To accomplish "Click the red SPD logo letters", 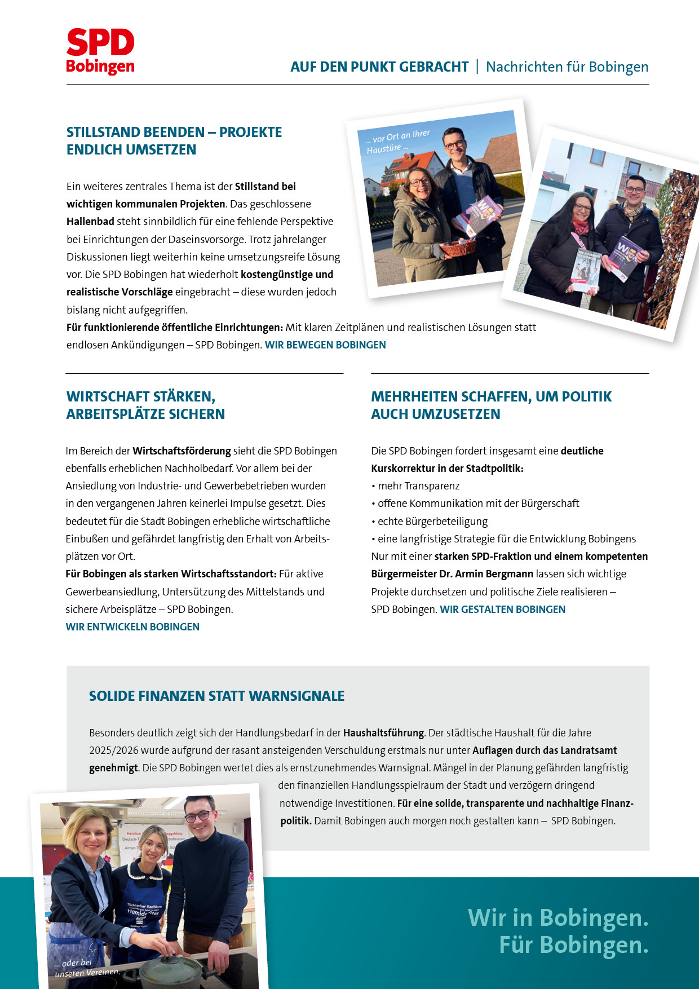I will click(x=100, y=43).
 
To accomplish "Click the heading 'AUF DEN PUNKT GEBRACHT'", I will click(x=379, y=67).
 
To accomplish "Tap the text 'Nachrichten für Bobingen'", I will click(x=567, y=67).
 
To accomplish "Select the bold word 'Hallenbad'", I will click(x=90, y=222).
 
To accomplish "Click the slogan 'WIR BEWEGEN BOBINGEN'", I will click(x=325, y=345).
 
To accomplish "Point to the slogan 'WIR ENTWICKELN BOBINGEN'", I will click(x=132, y=627).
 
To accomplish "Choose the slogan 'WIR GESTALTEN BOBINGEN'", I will click(x=502, y=610).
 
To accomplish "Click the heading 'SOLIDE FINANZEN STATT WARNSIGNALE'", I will click(x=216, y=696).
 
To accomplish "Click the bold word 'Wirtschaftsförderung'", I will click(x=182, y=451).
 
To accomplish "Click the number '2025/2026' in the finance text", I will click(x=113, y=750).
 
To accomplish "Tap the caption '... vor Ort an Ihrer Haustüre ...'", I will click(x=397, y=142).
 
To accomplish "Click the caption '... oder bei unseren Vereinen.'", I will click(x=85, y=968).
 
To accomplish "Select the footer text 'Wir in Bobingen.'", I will click(x=558, y=917).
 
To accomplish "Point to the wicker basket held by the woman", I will click(x=457, y=248).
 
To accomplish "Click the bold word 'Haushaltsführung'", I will click(x=383, y=733).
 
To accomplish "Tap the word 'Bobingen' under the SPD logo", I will click(x=100, y=66).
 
